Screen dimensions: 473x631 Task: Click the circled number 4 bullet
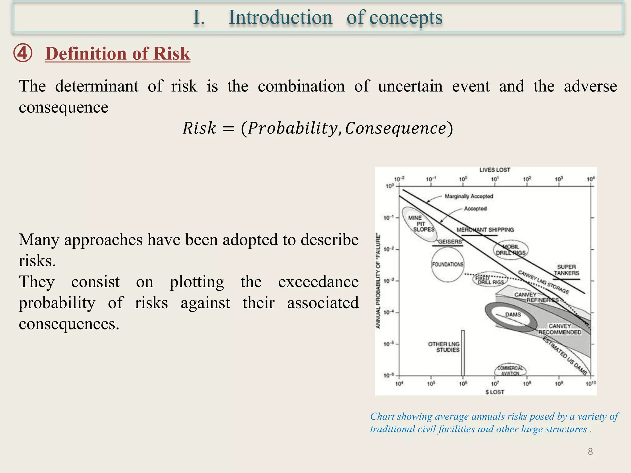coord(22,53)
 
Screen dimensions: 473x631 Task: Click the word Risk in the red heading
coord(171,54)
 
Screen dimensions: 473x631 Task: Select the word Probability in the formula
coord(292,128)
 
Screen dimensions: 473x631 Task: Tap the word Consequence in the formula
coord(395,128)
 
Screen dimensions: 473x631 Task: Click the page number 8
coord(590,451)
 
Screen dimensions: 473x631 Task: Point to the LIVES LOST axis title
coord(495,170)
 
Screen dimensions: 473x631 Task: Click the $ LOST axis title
coord(495,392)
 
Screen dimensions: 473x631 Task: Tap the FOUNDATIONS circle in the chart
coord(447,265)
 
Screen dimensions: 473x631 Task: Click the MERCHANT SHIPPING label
coord(485,230)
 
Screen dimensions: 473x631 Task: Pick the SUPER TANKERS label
coord(566,270)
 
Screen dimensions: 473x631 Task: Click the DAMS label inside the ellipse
coord(513,315)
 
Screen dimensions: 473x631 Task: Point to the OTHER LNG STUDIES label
coord(444,347)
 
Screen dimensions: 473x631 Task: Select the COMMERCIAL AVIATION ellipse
coord(510,370)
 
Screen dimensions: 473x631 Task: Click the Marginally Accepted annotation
coord(469,196)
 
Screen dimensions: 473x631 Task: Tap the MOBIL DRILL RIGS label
coord(511,250)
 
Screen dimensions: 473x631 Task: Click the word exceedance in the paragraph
coord(318,282)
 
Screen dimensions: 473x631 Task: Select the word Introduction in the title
coord(280,17)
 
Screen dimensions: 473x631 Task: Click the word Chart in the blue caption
coord(382,416)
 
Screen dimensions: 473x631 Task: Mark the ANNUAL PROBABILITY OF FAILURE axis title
coord(378,281)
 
